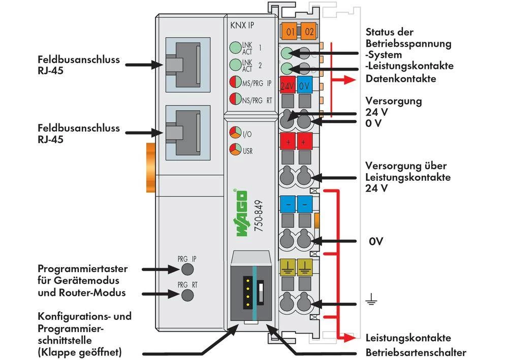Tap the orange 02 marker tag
(x=308, y=32)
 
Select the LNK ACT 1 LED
(x=235, y=48)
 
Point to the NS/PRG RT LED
(x=235, y=100)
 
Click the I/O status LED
(x=235, y=134)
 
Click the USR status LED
(x=235, y=150)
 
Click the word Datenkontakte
(x=401, y=79)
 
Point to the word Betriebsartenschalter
(x=416, y=352)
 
